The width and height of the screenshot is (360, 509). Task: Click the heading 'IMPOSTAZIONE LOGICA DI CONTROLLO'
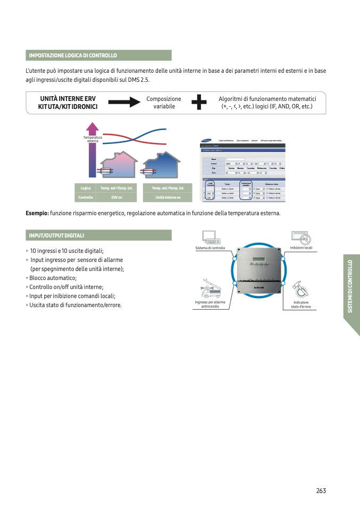[x=72, y=55]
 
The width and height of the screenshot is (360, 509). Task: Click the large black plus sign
[x=199, y=103]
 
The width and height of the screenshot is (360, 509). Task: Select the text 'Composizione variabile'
[x=164, y=103]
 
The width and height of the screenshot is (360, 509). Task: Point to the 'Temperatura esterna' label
[x=93, y=139]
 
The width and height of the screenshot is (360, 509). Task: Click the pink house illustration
[x=117, y=165]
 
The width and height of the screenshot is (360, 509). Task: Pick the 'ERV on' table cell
[x=117, y=197]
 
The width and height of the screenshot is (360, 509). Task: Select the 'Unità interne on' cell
[x=168, y=197]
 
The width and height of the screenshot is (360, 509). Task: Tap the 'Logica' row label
[x=86, y=188]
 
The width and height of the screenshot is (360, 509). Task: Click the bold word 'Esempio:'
[x=37, y=213]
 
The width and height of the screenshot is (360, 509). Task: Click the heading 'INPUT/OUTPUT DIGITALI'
[x=56, y=235]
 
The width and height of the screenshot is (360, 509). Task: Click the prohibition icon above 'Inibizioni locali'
[x=301, y=237]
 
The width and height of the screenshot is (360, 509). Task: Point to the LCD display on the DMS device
[x=259, y=260]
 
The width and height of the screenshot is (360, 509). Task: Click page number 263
[x=320, y=490]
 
